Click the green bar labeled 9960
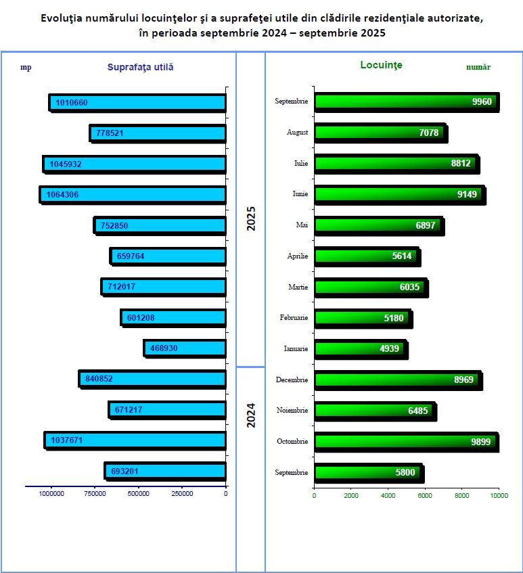(x=406, y=101)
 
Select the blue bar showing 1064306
(x=133, y=194)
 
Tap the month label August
(x=297, y=133)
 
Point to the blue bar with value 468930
(x=185, y=348)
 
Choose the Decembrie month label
(x=292, y=380)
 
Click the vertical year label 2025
(x=251, y=219)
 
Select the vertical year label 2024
(x=251, y=415)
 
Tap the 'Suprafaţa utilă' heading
(x=141, y=67)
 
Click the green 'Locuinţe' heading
(x=381, y=65)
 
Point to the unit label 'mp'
(x=26, y=67)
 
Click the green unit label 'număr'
(x=478, y=67)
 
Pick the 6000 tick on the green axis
(x=425, y=496)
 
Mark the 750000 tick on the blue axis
(x=95, y=494)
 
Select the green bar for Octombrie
(x=406, y=441)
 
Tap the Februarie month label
(x=294, y=317)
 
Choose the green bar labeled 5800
(x=369, y=472)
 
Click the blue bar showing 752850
(x=160, y=225)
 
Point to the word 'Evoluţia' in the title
(x=60, y=18)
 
